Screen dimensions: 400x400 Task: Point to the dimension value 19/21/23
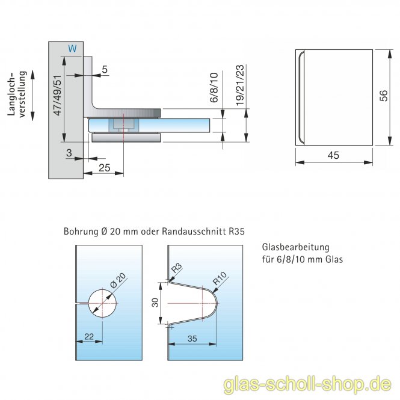pos(239,85)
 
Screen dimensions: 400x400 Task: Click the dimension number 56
pos(383,96)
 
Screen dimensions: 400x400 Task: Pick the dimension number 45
pos(334,155)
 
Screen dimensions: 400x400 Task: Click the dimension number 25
pos(103,168)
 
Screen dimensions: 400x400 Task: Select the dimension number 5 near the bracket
pos(105,70)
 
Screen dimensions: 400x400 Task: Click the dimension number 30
pos(156,304)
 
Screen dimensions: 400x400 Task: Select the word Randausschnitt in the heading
pos(191,230)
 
